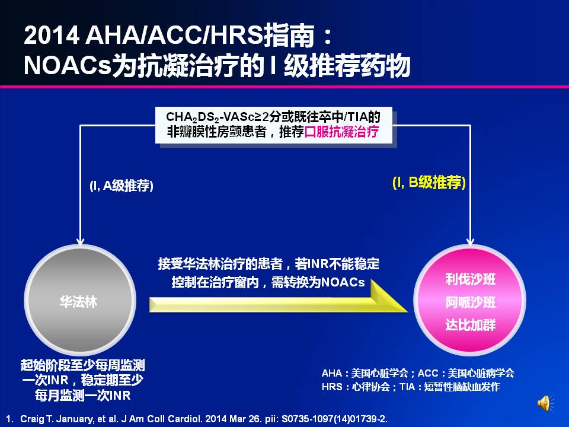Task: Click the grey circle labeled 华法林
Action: (x=80, y=300)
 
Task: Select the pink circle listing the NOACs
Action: (x=470, y=300)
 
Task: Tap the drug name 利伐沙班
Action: (x=470, y=279)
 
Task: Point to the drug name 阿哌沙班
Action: (x=470, y=302)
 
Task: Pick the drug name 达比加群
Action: (x=470, y=324)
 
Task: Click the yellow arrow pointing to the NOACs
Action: (x=278, y=301)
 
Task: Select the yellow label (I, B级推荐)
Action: (x=429, y=182)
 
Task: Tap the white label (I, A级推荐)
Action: (x=121, y=186)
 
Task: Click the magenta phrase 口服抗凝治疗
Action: (x=341, y=132)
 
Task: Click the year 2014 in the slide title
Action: (x=52, y=35)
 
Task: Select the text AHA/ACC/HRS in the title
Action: (x=174, y=35)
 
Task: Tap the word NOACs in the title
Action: (x=67, y=66)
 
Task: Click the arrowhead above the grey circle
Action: (x=80, y=241)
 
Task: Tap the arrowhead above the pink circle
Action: (x=470, y=241)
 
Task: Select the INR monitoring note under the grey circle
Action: (x=83, y=380)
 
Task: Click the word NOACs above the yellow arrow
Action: (x=343, y=282)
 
